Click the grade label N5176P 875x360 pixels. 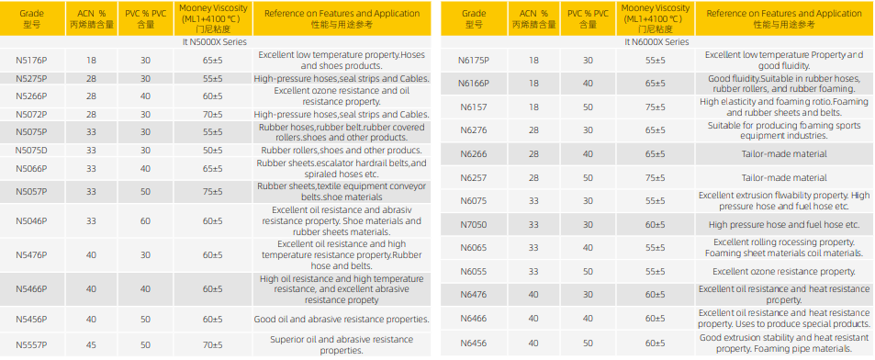coord(31,61)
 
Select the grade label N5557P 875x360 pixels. coord(31,345)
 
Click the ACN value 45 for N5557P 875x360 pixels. coord(92,345)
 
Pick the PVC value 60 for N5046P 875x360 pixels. coord(145,221)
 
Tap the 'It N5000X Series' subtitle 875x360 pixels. coord(215,42)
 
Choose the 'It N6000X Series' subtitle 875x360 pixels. coord(656,42)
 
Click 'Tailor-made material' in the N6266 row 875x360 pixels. coord(784,154)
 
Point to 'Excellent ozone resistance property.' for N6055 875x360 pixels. coord(784,272)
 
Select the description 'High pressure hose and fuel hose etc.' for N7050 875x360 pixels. coord(784,225)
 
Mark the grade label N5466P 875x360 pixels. coord(31,289)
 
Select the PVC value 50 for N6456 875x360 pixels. coord(589,343)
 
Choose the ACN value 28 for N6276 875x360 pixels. coord(534,130)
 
